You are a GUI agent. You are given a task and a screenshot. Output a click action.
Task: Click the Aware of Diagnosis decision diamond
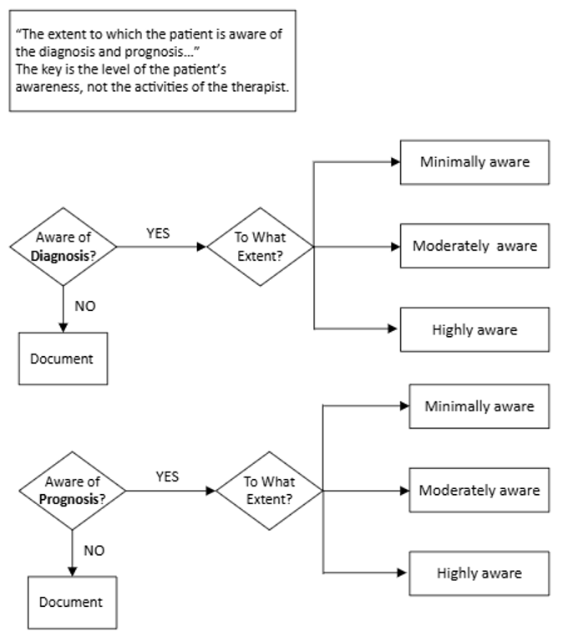[x=64, y=247]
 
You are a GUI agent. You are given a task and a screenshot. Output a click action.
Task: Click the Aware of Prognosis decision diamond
[x=73, y=490]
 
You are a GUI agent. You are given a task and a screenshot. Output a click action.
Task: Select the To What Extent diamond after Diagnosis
[x=260, y=247]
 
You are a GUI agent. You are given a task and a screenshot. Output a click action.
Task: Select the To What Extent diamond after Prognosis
[x=268, y=490]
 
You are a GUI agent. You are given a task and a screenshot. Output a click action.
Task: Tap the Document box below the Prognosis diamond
[x=72, y=602]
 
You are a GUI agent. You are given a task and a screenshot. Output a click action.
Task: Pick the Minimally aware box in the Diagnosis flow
[x=474, y=162]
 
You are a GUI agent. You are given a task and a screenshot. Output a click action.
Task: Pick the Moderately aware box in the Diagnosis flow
[x=474, y=246]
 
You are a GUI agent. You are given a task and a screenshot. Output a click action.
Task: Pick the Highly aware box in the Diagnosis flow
[x=474, y=329]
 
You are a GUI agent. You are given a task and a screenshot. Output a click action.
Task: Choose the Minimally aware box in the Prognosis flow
[x=479, y=406]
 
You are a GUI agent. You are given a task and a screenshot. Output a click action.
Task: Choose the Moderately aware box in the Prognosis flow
[x=479, y=490]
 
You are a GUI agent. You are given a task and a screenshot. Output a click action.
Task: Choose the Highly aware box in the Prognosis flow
[x=479, y=573]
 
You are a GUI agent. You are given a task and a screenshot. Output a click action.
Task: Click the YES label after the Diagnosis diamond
[x=158, y=234]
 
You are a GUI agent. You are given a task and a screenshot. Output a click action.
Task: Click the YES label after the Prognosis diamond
[x=167, y=476]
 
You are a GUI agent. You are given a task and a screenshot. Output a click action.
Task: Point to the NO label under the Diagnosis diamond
[x=85, y=306]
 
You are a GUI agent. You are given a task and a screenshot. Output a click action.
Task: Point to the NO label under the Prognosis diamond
[x=94, y=550]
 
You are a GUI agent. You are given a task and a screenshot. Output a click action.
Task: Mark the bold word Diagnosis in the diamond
[x=58, y=256]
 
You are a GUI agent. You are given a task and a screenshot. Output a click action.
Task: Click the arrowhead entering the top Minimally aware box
[x=395, y=162]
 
